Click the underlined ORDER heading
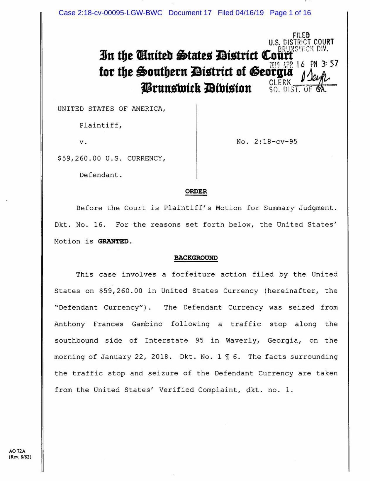pos(196,192)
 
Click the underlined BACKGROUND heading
pos(196,258)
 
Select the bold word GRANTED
pos(113,241)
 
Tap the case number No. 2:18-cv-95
pos(267,142)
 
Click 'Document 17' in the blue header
pos(190,13)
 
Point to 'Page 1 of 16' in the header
pos(290,13)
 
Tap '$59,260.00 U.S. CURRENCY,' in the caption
pos(111,158)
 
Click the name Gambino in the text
pos(147,324)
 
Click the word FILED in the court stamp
pos(301,35)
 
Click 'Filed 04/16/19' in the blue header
pos(240,13)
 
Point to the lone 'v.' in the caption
pos(83,142)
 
